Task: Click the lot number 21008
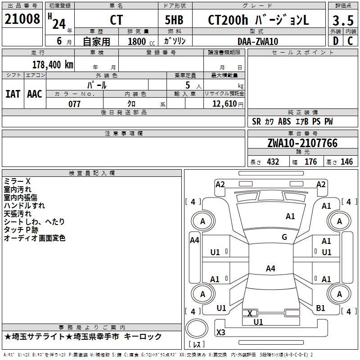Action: (22, 19)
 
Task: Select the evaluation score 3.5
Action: (342, 21)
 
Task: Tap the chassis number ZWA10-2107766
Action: (302, 143)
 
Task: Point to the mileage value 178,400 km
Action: (53, 64)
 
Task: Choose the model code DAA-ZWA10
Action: (258, 41)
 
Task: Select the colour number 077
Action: (74, 104)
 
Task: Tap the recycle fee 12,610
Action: (224, 104)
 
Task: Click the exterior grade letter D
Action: (335, 41)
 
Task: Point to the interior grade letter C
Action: (350, 41)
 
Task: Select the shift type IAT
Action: (13, 94)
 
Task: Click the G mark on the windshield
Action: (284, 237)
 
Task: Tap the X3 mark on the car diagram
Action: (221, 333)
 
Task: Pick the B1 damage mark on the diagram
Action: (320, 308)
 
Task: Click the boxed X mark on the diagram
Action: (250, 313)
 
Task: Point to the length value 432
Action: (273, 162)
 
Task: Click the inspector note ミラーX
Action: (17, 181)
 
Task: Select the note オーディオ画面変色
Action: (35, 238)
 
